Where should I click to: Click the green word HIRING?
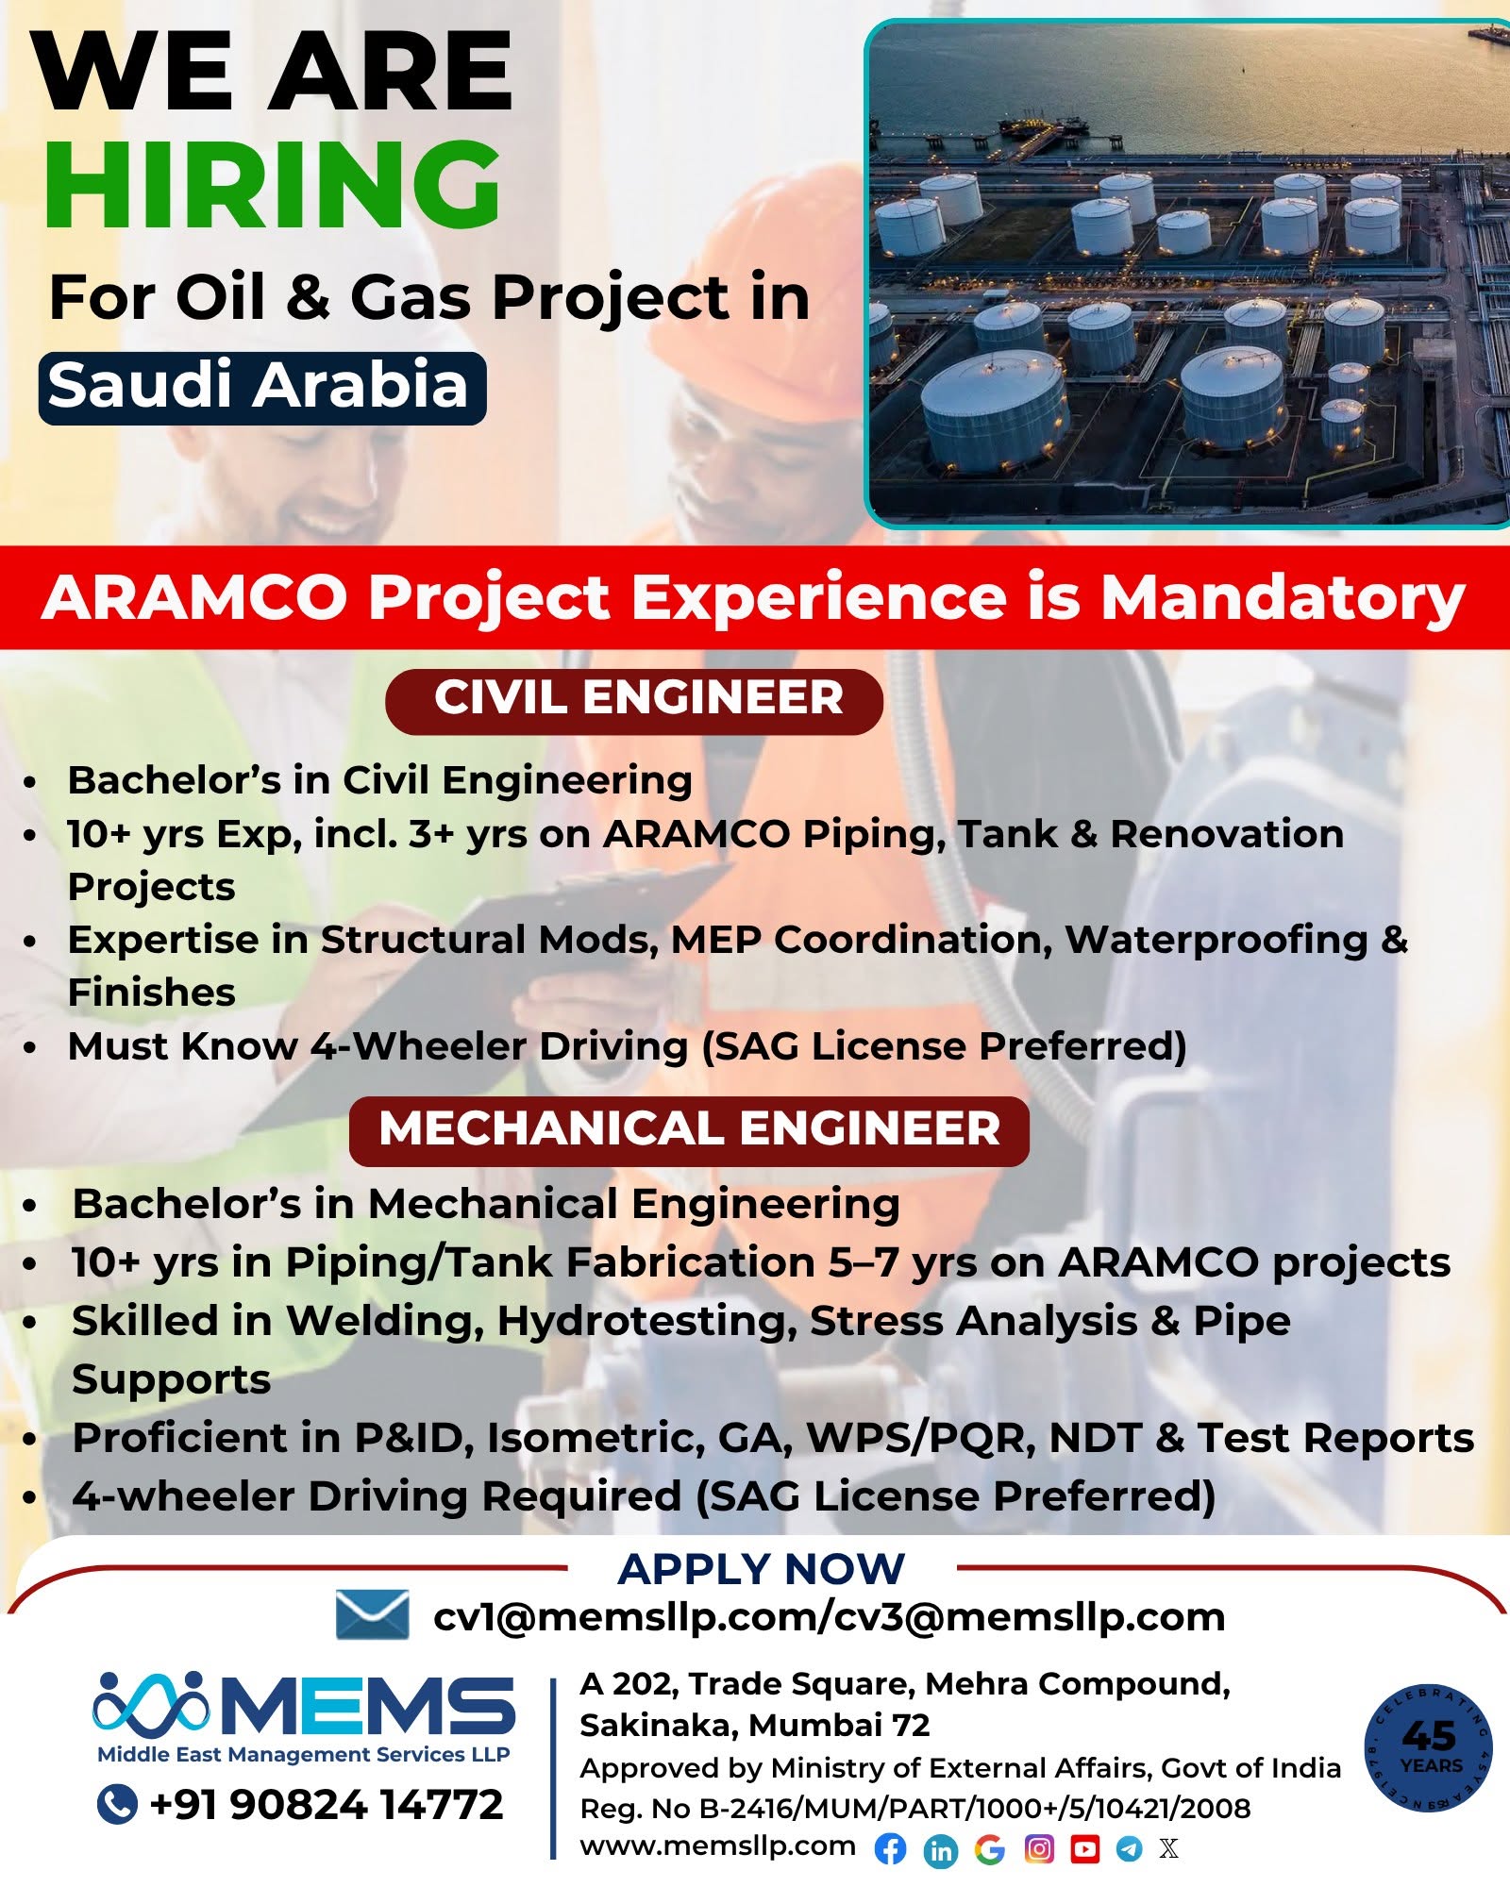tap(273, 184)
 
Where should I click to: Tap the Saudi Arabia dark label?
tap(261, 388)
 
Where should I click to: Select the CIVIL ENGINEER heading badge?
tap(634, 701)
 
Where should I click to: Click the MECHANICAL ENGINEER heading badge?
tap(689, 1130)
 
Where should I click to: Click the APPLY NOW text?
tap(762, 1569)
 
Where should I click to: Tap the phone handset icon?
tap(117, 1803)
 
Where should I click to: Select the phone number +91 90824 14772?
tap(327, 1804)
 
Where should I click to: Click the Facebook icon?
tap(890, 1849)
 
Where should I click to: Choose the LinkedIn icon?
tap(941, 1850)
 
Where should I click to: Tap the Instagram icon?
tap(1038, 1848)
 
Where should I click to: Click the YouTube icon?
tap(1085, 1848)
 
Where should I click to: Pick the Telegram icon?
tap(1130, 1848)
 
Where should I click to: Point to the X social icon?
tap(1169, 1848)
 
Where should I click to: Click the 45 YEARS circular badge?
tap(1430, 1748)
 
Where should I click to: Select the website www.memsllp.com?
tap(717, 1846)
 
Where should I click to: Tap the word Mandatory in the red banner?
tap(1283, 599)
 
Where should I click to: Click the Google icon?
tap(989, 1849)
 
